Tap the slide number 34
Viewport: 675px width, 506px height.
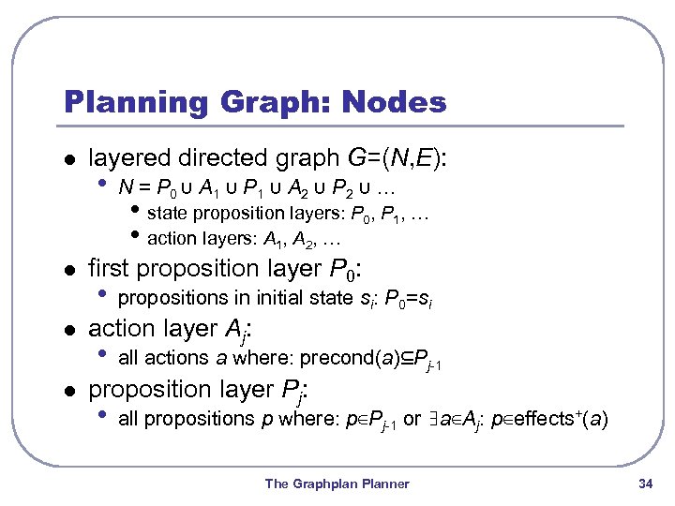644,484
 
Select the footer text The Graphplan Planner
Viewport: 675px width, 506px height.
337,484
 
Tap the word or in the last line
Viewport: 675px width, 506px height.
412,418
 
